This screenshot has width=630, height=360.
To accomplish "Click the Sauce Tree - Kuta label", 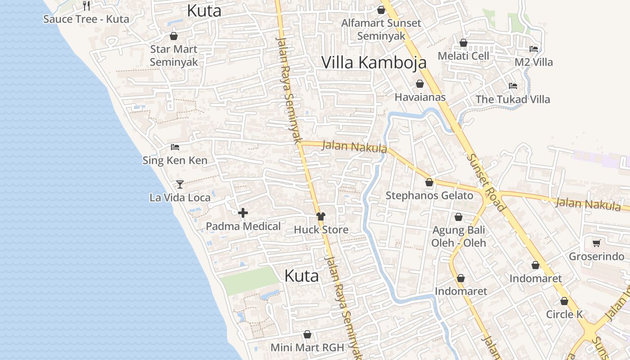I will (86, 19).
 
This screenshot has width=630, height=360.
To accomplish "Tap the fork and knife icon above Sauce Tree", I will (86, 5).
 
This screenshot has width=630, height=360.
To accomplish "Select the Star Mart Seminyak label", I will (174, 55).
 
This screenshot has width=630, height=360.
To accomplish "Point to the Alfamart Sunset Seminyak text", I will (381, 29).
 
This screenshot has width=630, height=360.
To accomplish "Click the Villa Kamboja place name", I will (374, 63).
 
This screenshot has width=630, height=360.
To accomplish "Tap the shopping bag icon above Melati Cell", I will (463, 43).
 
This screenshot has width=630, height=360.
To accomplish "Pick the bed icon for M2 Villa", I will (534, 49).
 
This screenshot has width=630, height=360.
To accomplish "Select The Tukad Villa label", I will (513, 99).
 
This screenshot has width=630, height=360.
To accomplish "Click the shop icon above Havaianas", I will (419, 84).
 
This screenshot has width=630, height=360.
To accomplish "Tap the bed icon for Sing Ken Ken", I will (175, 147).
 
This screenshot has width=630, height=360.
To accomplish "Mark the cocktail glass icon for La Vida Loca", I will (180, 184).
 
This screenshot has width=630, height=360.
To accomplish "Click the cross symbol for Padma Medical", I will (243, 213).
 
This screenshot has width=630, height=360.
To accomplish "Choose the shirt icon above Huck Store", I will (320, 216).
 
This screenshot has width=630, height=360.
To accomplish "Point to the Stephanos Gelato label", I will (429, 195).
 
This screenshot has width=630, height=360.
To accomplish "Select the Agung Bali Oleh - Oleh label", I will (459, 236).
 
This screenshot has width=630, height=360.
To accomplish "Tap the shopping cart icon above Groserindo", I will (597, 243).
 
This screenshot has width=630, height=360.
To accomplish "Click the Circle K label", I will (564, 314).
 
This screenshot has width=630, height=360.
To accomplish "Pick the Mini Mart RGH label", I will (307, 347).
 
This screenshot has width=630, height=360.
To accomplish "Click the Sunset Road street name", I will (486, 182).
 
